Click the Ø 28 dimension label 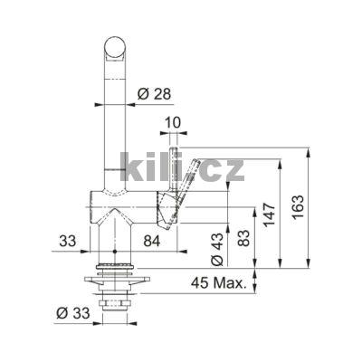coord(154,94)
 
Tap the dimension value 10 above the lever coord(173,123)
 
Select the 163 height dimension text coord(298,207)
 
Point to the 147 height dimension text coord(269,214)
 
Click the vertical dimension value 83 coord(243,238)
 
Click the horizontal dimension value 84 coord(151,241)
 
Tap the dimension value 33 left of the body coord(68,241)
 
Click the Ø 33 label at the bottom coord(73,313)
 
